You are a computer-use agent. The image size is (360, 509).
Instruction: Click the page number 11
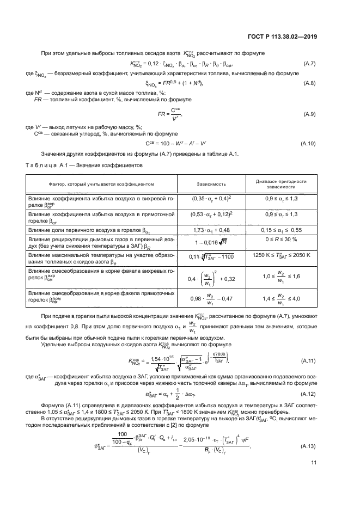(314, 479)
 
